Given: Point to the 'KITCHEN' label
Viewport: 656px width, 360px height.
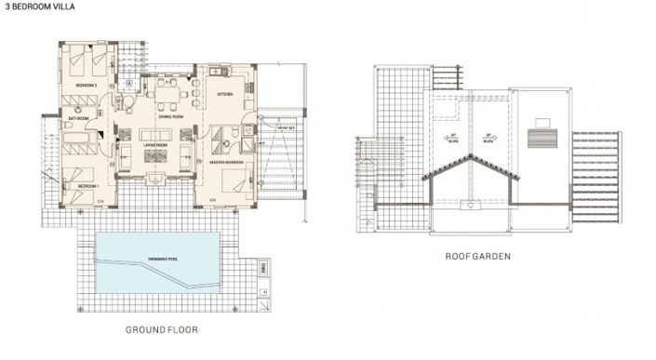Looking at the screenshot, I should point(226,95).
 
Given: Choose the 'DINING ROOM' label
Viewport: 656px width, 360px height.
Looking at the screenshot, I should point(169,117).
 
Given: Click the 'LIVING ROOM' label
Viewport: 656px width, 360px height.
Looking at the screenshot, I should point(154,145).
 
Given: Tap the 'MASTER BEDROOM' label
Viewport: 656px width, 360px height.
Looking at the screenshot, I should point(226,162).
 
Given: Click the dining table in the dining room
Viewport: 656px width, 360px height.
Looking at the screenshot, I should point(168,93).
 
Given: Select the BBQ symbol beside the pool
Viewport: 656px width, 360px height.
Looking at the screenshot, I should point(263,267).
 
